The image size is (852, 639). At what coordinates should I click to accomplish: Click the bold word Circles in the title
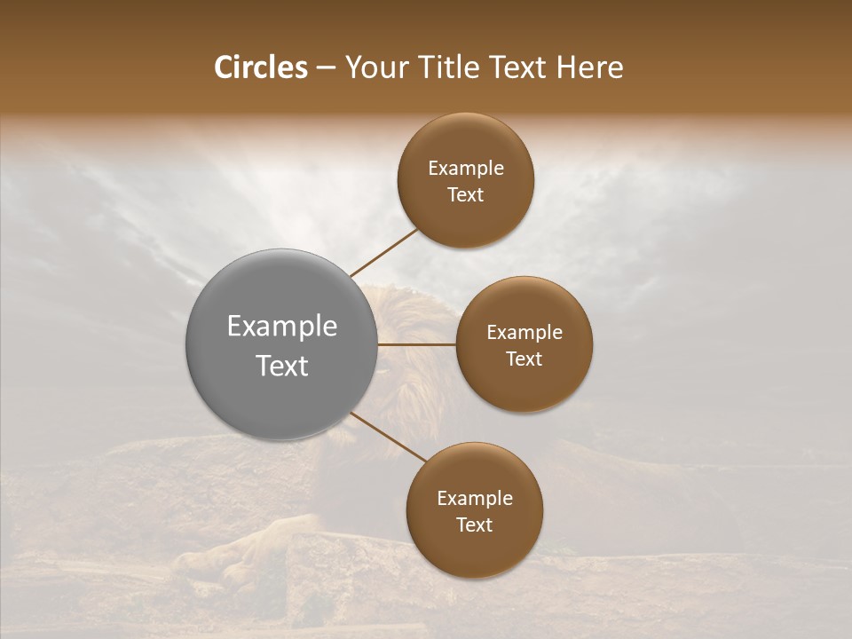pyautogui.click(x=261, y=67)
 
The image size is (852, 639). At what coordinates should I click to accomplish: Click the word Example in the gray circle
pyautogui.click(x=282, y=327)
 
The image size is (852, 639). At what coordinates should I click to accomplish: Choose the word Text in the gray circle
pyautogui.click(x=282, y=366)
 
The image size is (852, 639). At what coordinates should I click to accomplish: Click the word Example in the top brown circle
pyautogui.click(x=466, y=169)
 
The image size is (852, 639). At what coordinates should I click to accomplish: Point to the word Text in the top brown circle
pyautogui.click(x=466, y=195)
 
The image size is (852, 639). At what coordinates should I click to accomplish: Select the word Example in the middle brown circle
pyautogui.click(x=525, y=333)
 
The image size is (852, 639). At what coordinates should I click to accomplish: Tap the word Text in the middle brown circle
pyautogui.click(x=525, y=359)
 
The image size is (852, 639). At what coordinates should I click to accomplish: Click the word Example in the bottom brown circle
pyautogui.click(x=475, y=499)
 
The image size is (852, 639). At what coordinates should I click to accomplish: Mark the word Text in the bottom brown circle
pyautogui.click(x=475, y=525)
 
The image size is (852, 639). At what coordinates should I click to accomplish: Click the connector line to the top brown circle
pyautogui.click(x=383, y=253)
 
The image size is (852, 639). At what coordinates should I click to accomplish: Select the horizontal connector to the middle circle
pyautogui.click(x=417, y=344)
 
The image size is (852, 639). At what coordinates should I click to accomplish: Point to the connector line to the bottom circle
pyautogui.click(x=387, y=437)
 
